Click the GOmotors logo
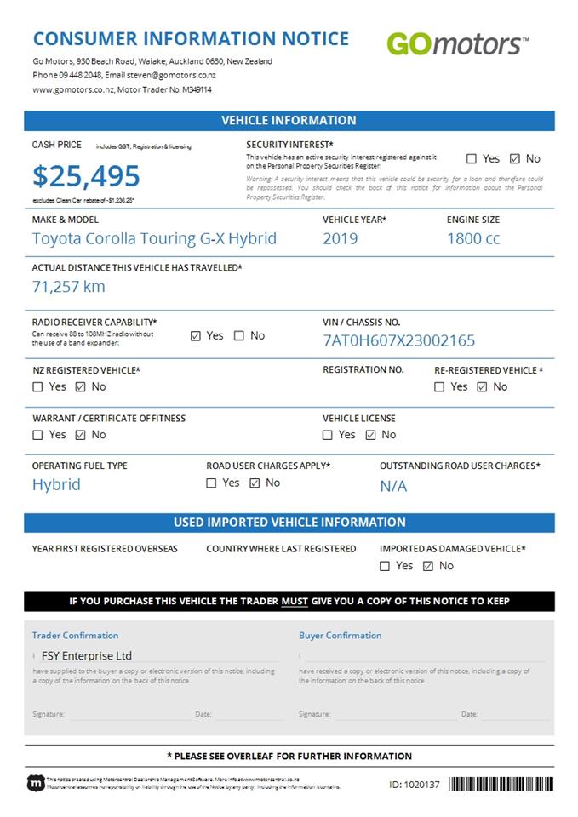click(x=457, y=43)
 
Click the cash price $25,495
click(x=86, y=176)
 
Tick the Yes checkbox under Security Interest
click(x=472, y=158)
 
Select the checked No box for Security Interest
click(x=514, y=158)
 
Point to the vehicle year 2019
click(x=340, y=238)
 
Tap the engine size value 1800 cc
click(x=473, y=238)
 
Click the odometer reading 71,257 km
click(x=69, y=286)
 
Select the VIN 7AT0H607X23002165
click(x=398, y=340)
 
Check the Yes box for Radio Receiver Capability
click(x=196, y=336)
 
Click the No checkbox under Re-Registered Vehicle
click(x=482, y=387)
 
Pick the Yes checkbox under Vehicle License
click(x=328, y=435)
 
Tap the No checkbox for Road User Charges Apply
click(x=254, y=483)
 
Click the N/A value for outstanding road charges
click(x=393, y=486)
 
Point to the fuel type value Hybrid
click(x=56, y=484)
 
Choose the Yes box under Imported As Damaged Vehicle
click(x=385, y=566)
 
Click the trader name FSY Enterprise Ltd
click(x=88, y=656)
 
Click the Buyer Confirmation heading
click(x=340, y=636)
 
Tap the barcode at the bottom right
click(x=501, y=784)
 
